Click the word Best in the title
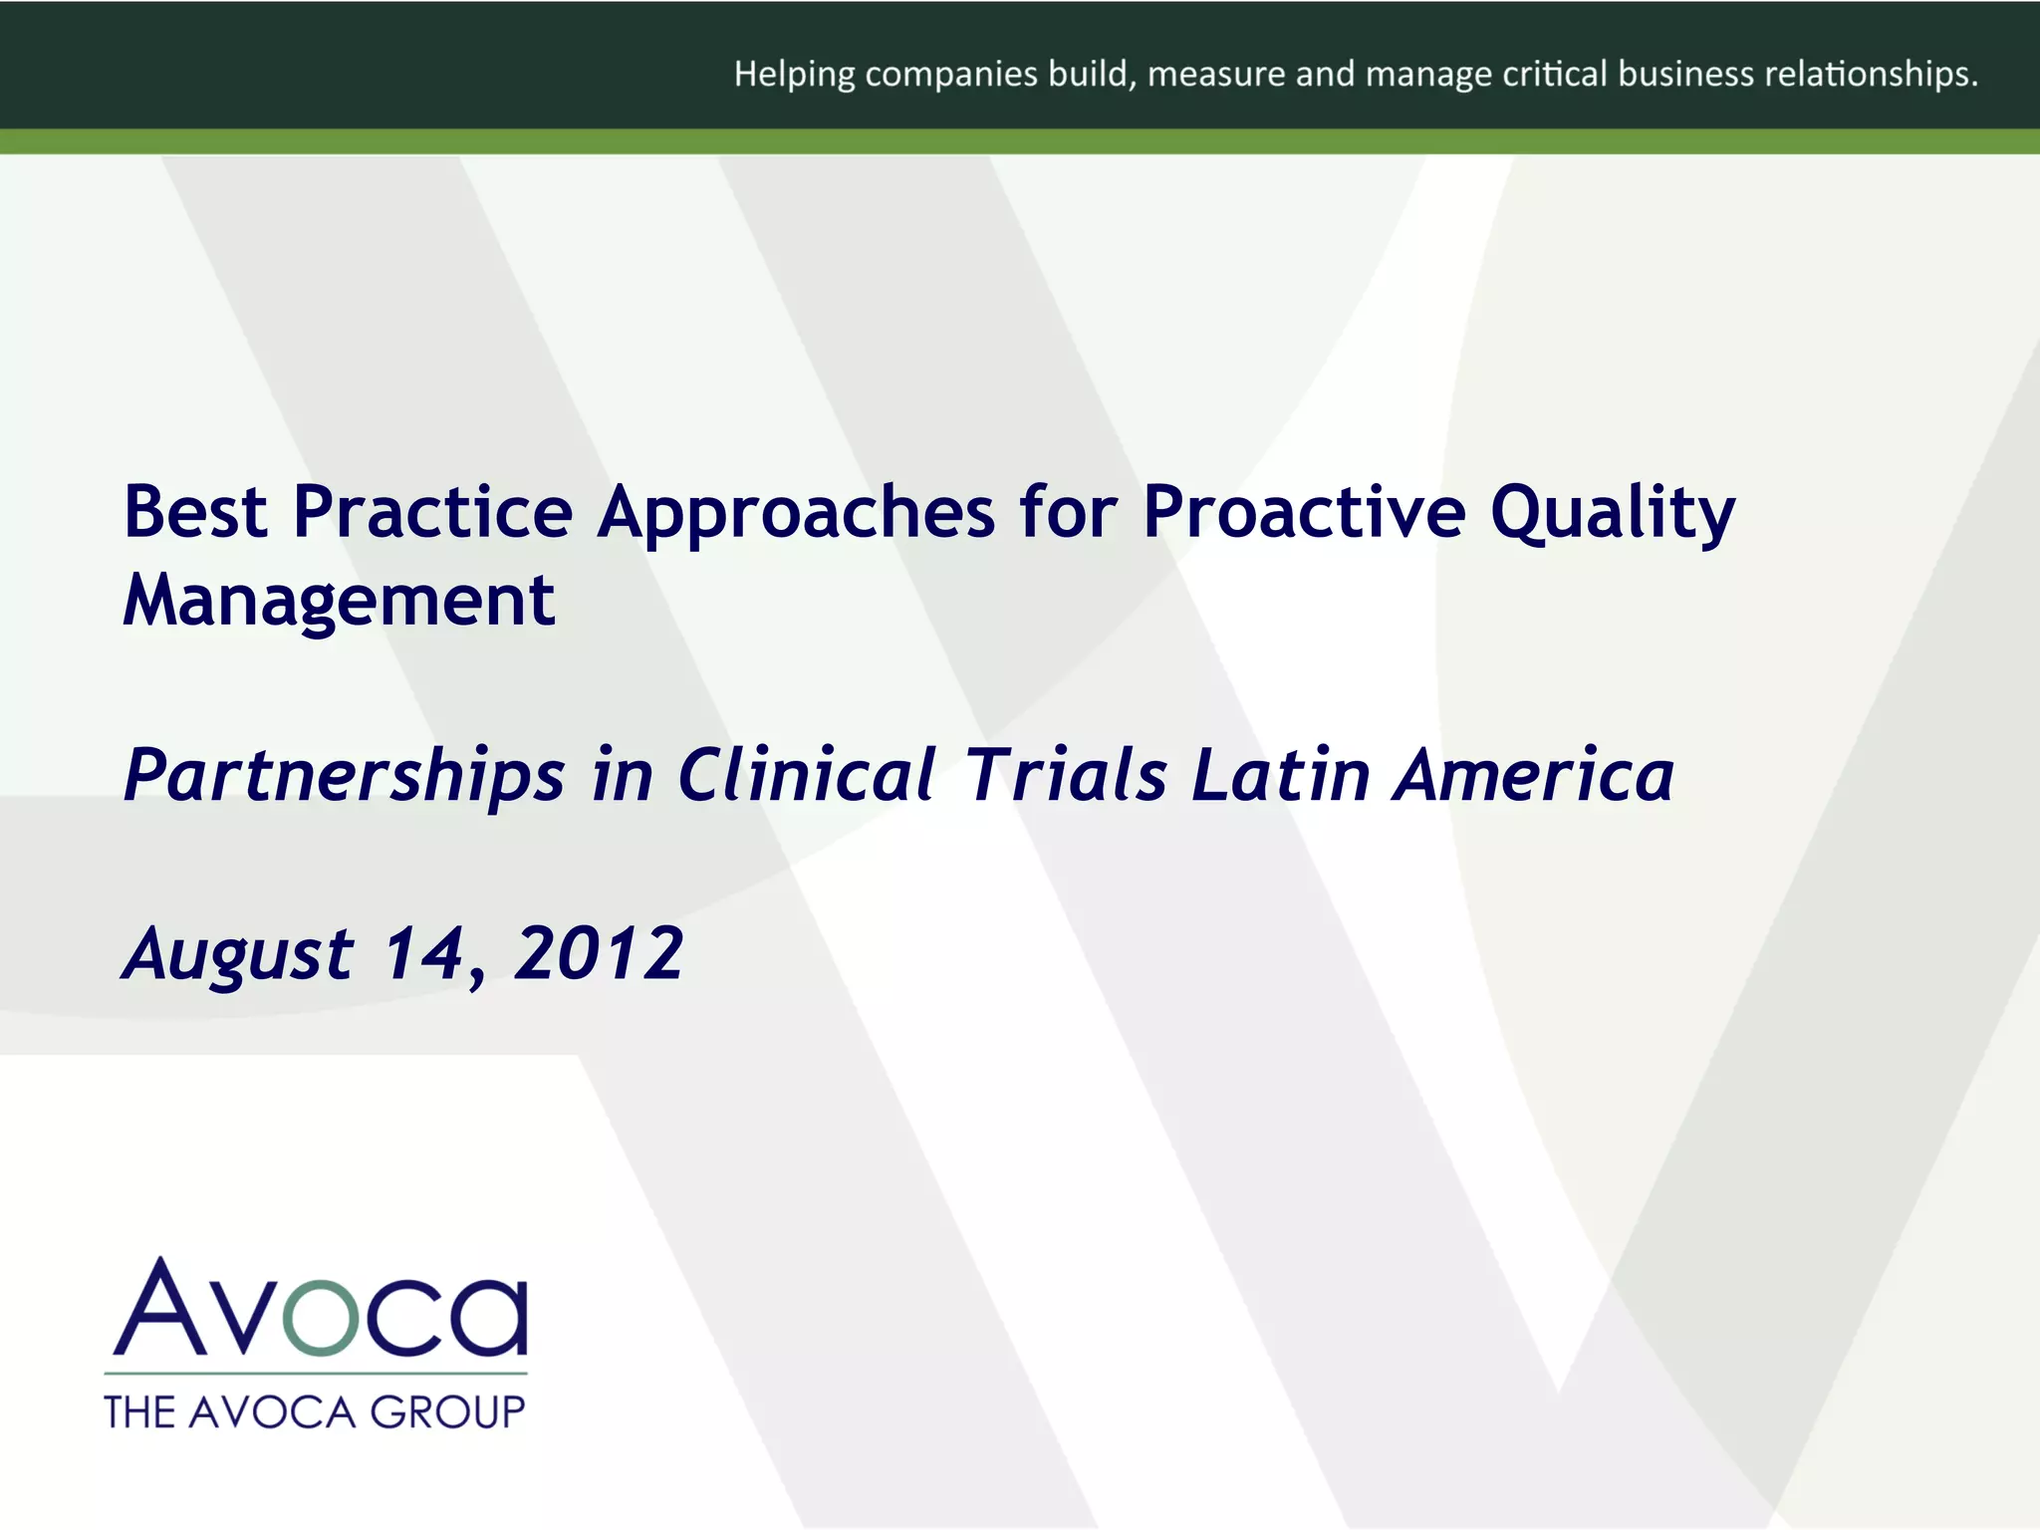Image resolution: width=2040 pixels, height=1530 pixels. (x=195, y=512)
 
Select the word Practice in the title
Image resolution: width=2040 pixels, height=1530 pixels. (x=432, y=512)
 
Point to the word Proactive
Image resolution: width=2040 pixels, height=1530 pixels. (x=1304, y=512)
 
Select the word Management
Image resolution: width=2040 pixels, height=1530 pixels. (x=339, y=602)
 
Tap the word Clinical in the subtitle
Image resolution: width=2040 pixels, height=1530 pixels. (x=807, y=775)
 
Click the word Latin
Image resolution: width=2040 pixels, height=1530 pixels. (x=1282, y=775)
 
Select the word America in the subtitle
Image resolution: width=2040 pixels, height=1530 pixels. (x=1534, y=775)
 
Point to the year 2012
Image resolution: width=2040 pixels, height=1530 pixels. (x=599, y=953)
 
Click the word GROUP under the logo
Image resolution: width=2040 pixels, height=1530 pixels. (x=447, y=1412)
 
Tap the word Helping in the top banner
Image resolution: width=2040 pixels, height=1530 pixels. (x=794, y=75)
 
